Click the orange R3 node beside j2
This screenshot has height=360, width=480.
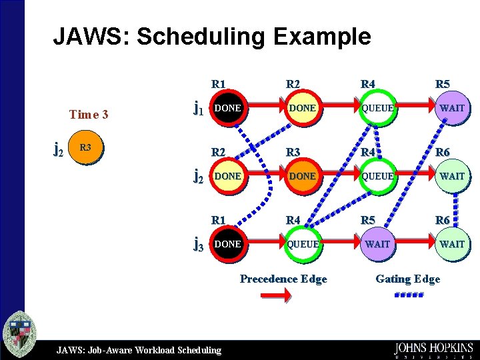pyautogui.click(x=85, y=148)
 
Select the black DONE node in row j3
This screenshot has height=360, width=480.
pyautogui.click(x=228, y=245)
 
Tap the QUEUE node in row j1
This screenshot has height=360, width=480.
pyautogui.click(x=377, y=108)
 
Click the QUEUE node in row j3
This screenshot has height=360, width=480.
pyautogui.click(x=303, y=245)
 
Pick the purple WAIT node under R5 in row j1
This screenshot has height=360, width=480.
pyautogui.click(x=452, y=108)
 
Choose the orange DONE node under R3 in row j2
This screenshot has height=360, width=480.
pyautogui.click(x=303, y=176)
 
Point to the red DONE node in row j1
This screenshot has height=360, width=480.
pyautogui.click(x=228, y=108)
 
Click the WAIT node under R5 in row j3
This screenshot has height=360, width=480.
pyautogui.click(x=377, y=245)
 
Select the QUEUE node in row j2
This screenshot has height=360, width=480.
pyautogui.click(x=377, y=176)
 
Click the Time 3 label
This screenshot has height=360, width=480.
pyautogui.click(x=89, y=114)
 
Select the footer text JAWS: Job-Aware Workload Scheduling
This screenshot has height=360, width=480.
pyautogui.click(x=139, y=349)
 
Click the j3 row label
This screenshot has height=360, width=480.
pyautogui.click(x=198, y=245)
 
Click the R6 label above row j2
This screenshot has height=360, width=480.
pyautogui.click(x=443, y=152)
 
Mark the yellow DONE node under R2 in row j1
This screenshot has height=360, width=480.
pyautogui.click(x=303, y=108)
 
